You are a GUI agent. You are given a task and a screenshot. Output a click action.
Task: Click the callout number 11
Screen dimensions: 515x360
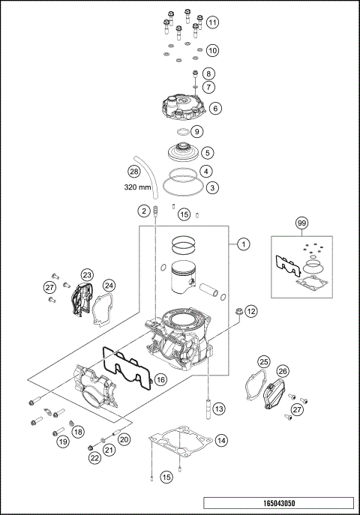(213, 22)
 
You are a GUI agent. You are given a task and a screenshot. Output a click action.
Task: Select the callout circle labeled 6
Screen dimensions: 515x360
(214, 108)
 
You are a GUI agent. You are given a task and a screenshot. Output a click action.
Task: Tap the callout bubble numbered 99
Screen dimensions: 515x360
(301, 223)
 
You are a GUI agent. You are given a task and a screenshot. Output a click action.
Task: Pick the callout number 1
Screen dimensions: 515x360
(243, 244)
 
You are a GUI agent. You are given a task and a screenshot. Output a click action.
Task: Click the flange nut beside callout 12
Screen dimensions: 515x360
(228, 310)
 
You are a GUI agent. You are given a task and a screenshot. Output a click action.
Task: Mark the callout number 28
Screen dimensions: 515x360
(134, 171)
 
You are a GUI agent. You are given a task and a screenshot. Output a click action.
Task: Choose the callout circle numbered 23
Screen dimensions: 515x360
(87, 276)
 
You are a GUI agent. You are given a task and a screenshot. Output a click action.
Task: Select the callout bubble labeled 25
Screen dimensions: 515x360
(263, 362)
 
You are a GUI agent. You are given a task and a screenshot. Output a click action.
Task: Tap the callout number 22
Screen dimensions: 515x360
(95, 457)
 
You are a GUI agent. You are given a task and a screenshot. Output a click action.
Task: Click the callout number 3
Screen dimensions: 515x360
(213, 187)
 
